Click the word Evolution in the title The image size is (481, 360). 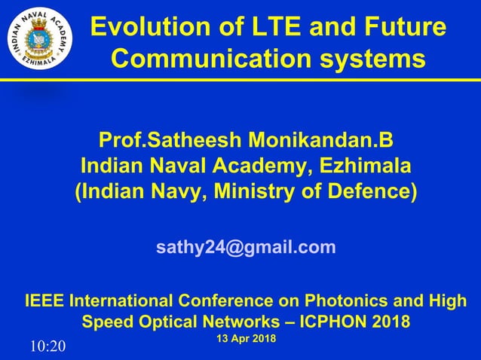click(139, 28)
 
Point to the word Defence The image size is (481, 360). click(373, 191)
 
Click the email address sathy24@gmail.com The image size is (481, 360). click(246, 247)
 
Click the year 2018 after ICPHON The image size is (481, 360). click(390, 322)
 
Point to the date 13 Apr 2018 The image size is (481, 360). click(246, 339)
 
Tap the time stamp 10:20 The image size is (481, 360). click(48, 346)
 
